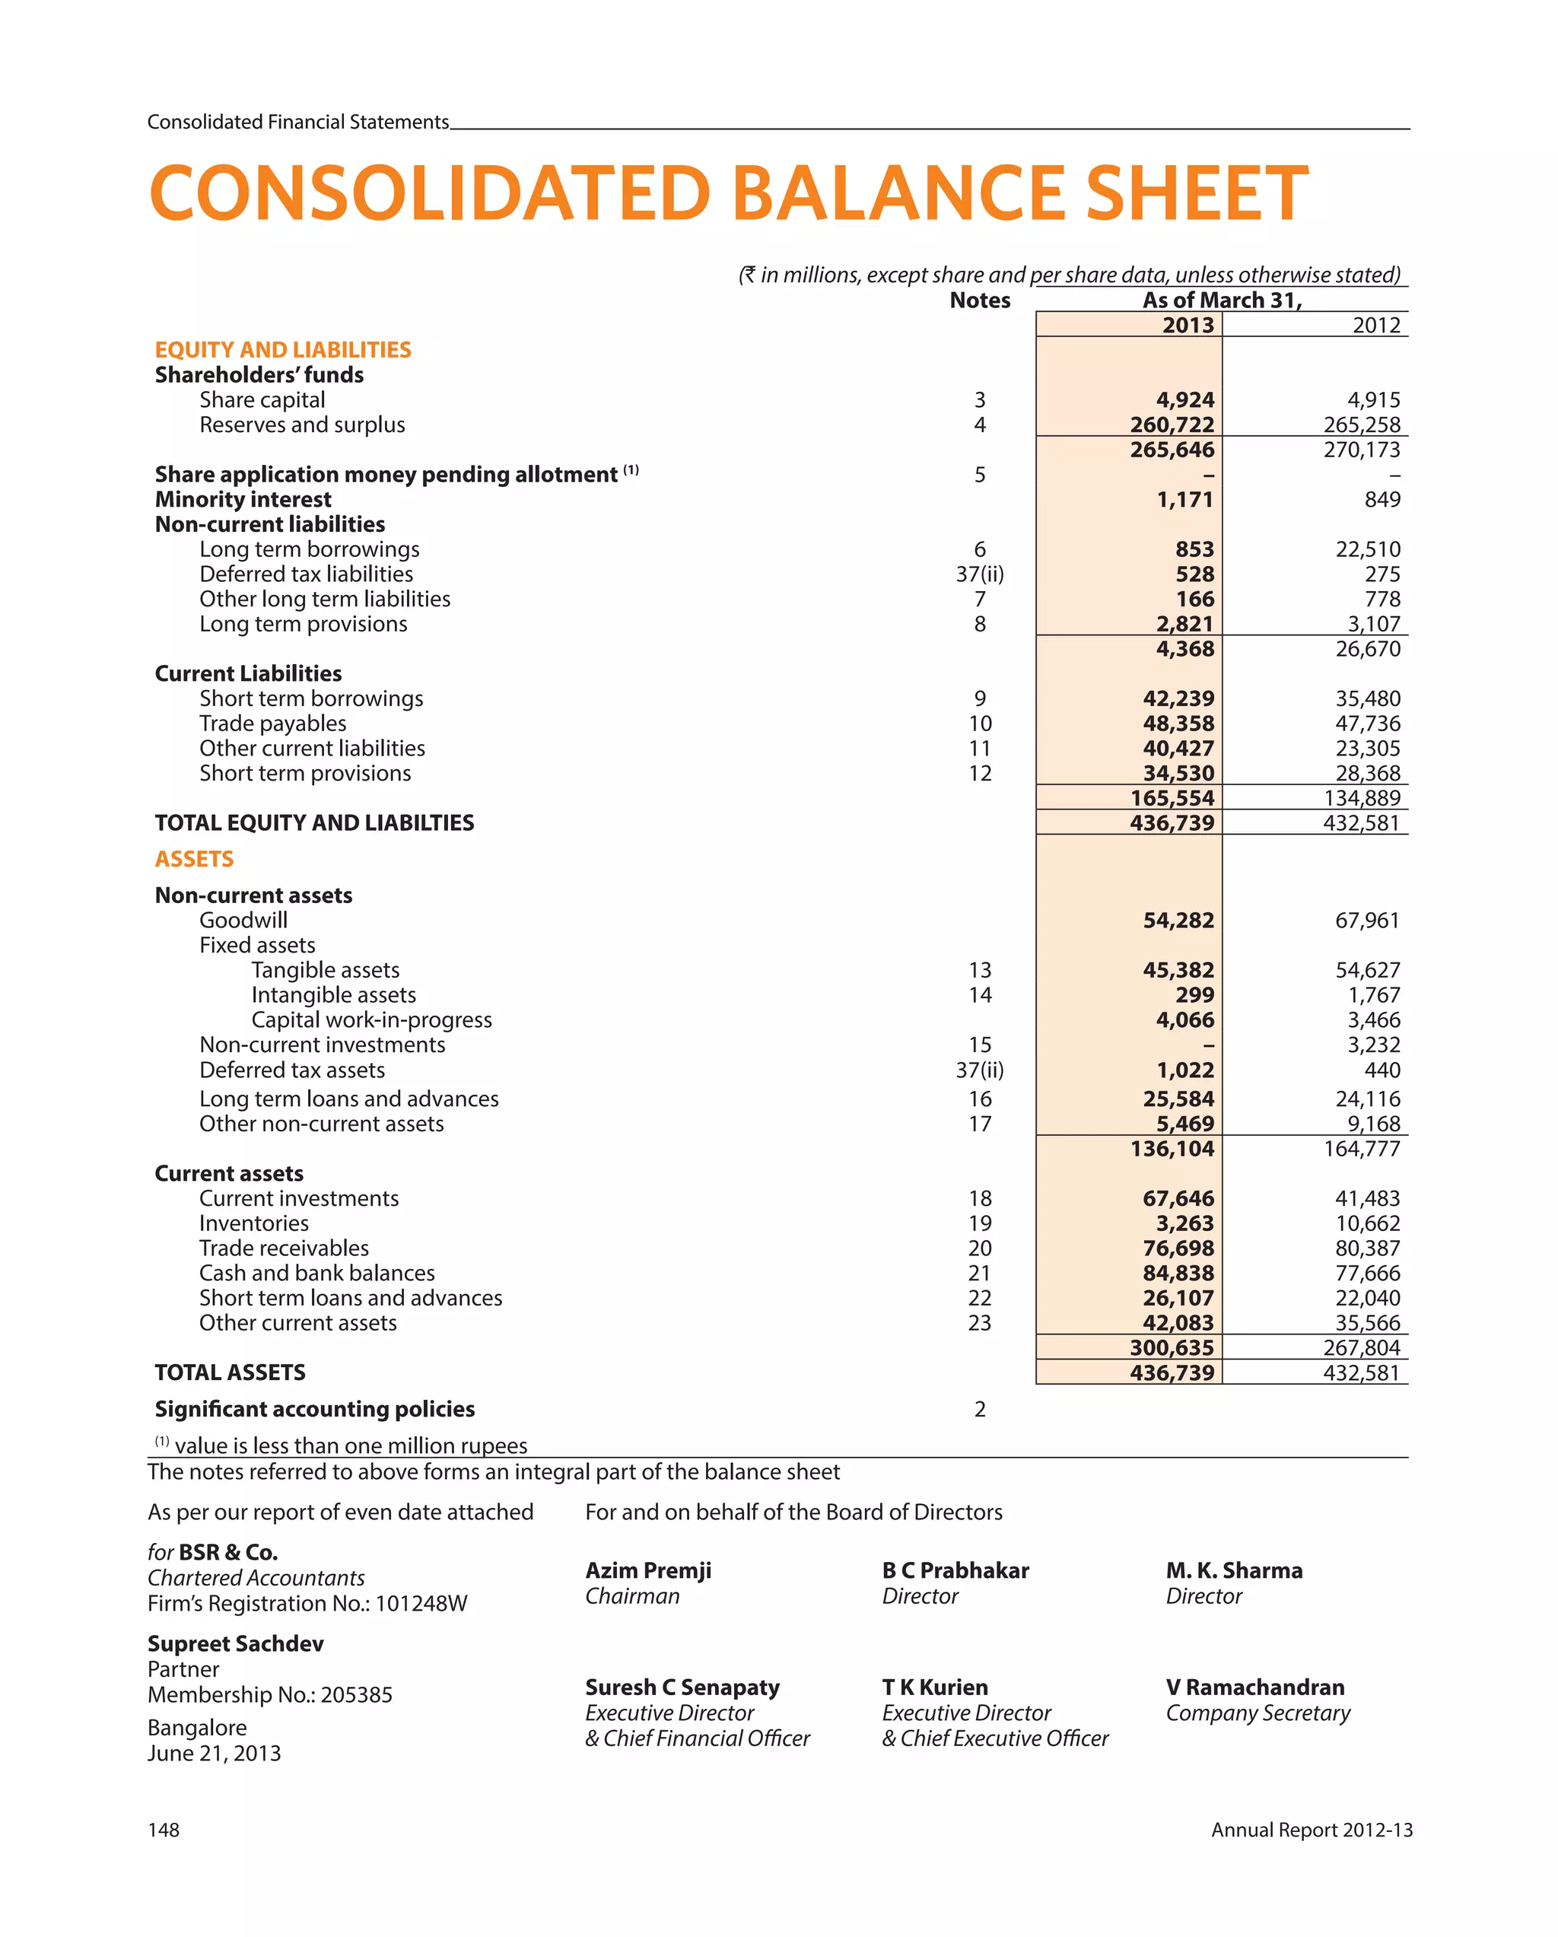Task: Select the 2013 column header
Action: (x=1187, y=325)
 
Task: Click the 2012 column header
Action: (x=1375, y=325)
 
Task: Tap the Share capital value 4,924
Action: (x=1184, y=399)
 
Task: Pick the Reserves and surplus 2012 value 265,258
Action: (x=1360, y=425)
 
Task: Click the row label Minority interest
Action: (x=243, y=500)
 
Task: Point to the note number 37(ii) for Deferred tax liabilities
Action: (x=979, y=574)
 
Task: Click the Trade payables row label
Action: (x=272, y=724)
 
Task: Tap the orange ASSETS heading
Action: (x=194, y=859)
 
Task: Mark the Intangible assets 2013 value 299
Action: (x=1194, y=994)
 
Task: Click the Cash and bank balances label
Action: (x=316, y=1273)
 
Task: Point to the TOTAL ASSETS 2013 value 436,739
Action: (x=1172, y=1372)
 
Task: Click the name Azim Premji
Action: (x=648, y=1570)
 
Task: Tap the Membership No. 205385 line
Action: (x=269, y=1694)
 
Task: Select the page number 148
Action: (x=164, y=1830)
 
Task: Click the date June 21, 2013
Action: (x=214, y=1753)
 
